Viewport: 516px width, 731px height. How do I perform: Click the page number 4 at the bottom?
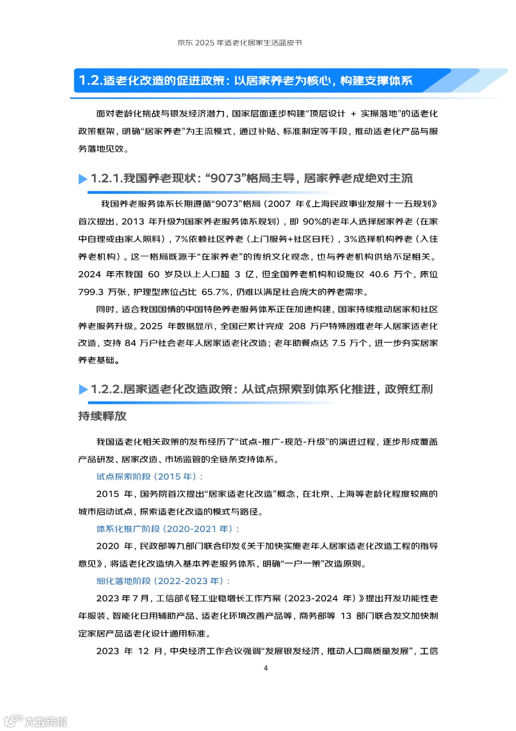pos(266,668)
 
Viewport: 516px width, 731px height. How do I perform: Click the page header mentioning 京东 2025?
pos(239,43)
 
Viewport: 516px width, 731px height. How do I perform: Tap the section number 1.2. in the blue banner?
pos(90,80)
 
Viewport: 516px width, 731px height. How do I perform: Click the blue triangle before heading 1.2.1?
pos(83,179)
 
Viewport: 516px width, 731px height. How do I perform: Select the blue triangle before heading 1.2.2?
pos(83,389)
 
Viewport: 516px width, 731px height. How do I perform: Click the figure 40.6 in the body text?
pos(379,274)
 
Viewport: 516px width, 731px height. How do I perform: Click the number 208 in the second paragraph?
pos(297,326)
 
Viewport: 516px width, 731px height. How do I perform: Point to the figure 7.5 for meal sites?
pos(339,343)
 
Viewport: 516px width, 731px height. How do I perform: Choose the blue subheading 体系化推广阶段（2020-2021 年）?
pos(168,529)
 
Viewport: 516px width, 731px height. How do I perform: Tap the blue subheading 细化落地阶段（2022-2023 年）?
pos(163,581)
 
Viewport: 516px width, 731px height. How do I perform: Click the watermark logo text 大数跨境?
pos(46,721)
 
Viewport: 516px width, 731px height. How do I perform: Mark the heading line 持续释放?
pos(102,416)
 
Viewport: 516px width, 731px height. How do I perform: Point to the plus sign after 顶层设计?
pos(353,114)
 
